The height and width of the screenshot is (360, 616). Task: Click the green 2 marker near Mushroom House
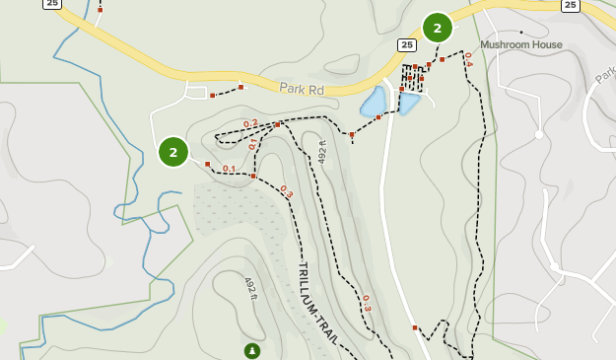[438, 28]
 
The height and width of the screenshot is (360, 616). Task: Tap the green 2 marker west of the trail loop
[172, 152]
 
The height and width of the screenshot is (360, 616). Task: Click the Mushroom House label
[521, 44]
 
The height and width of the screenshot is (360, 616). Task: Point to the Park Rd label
[302, 89]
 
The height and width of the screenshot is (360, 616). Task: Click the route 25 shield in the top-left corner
[52, 4]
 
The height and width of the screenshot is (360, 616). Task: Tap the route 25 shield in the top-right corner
[571, 5]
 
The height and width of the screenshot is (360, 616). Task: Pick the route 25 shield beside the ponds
[407, 45]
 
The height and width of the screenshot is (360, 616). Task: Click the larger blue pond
[374, 101]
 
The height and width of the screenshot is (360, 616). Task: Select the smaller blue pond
[409, 103]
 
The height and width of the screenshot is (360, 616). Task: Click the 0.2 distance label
[250, 123]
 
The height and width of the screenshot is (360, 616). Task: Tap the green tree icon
[252, 350]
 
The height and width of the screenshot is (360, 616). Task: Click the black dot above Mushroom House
[521, 33]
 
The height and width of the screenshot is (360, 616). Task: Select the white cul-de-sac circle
[538, 134]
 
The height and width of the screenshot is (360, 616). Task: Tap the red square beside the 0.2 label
[278, 125]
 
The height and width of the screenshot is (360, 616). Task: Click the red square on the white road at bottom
[415, 327]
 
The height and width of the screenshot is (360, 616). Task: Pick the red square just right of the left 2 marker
[207, 164]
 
